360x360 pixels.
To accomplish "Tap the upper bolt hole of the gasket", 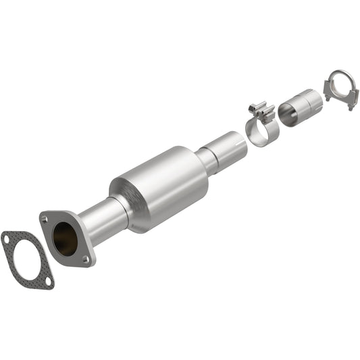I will [7, 238].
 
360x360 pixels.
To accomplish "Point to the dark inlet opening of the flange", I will [66, 239].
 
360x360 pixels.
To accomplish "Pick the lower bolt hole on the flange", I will [86, 259].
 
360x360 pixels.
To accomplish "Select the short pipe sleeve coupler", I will [299, 108].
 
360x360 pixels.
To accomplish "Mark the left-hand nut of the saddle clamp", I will [328, 97].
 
